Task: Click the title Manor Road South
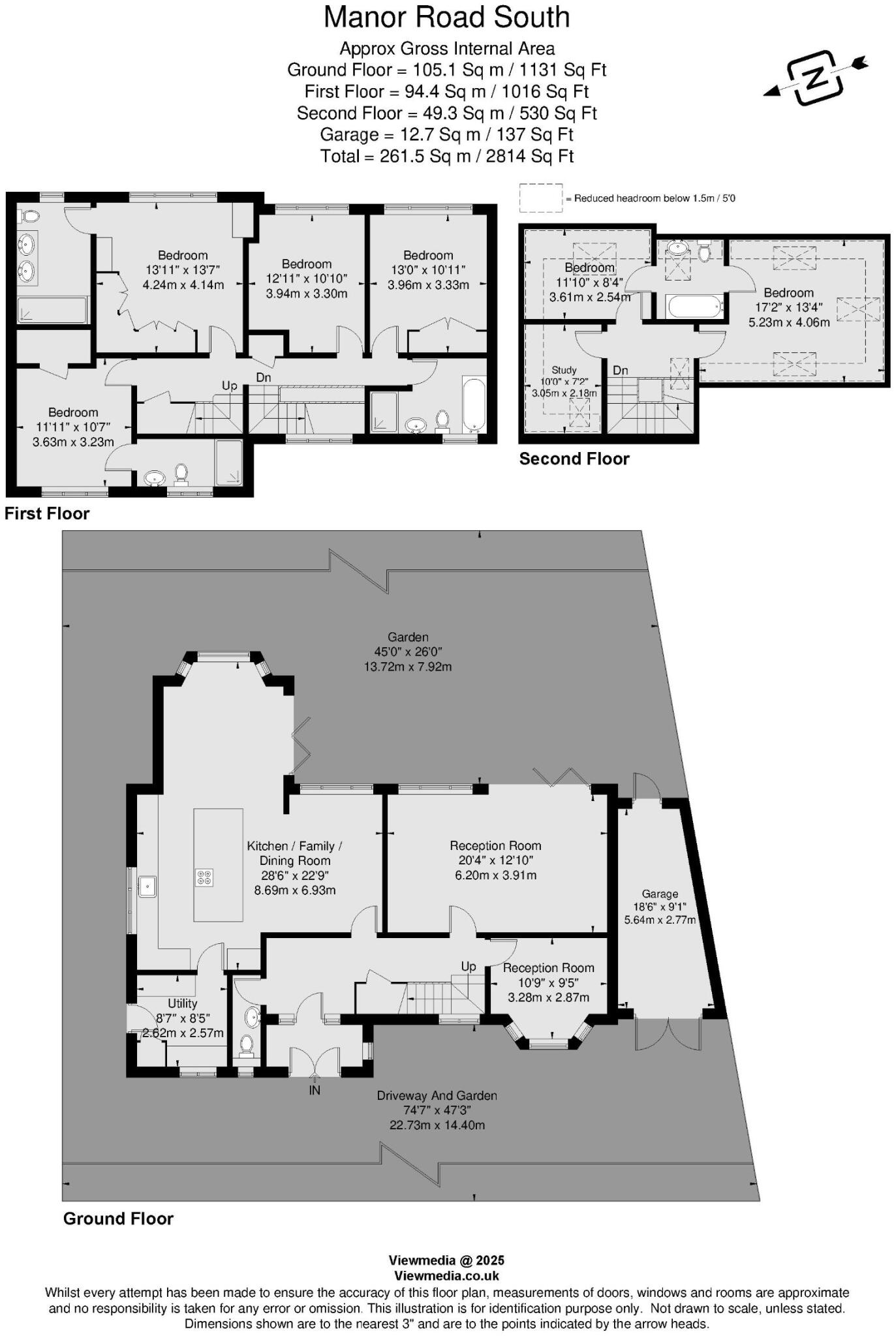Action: click(446, 18)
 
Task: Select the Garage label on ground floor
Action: click(660, 894)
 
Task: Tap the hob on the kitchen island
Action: click(204, 878)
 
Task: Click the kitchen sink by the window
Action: click(147, 886)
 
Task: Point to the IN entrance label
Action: click(315, 1090)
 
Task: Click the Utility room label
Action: click(182, 1003)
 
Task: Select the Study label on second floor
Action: click(564, 370)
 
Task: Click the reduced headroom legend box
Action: click(540, 198)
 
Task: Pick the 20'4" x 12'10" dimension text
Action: click(495, 860)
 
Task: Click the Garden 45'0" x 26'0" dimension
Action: click(408, 652)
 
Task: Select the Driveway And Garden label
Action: click(437, 1096)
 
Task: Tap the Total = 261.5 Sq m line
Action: click(446, 156)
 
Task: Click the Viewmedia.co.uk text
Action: click(446, 1276)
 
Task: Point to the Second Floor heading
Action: click(574, 459)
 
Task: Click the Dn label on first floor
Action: click(263, 378)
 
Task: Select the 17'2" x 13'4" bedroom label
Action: click(788, 307)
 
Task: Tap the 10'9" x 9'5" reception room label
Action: click(548, 982)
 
